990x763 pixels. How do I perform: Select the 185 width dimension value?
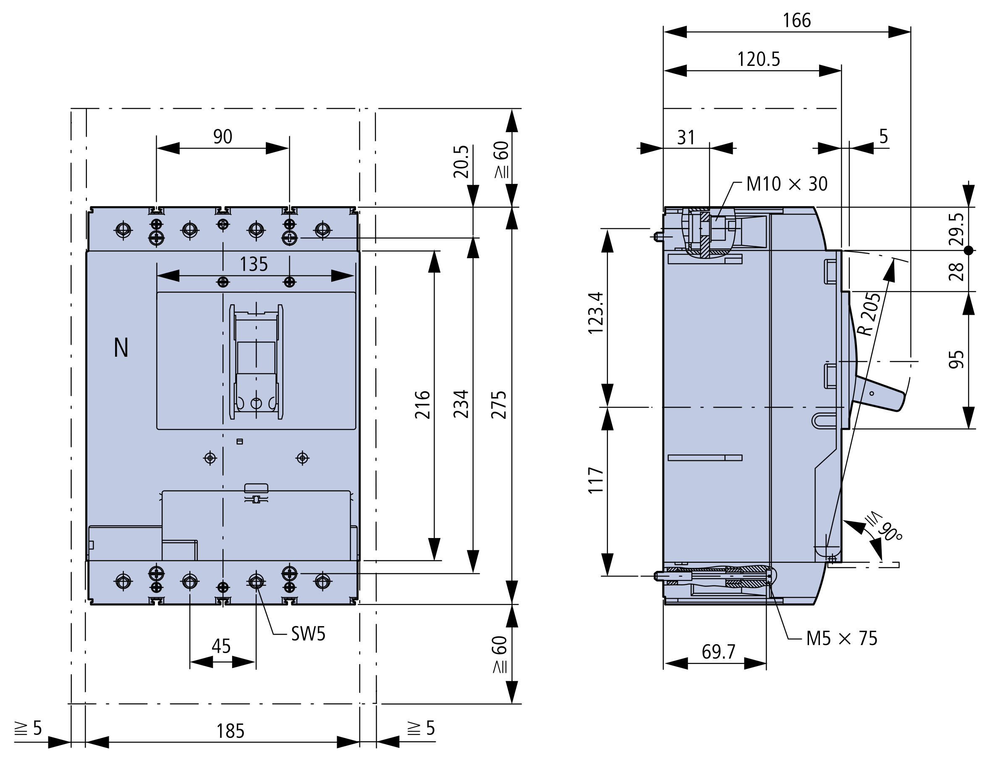click(x=230, y=731)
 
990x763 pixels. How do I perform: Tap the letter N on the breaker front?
click(x=121, y=348)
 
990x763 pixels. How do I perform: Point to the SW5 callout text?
click(x=308, y=634)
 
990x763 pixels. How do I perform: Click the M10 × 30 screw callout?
click(x=787, y=184)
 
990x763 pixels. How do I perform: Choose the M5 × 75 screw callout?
click(x=842, y=638)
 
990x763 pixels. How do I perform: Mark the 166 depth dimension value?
click(x=797, y=21)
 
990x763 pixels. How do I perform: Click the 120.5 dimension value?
click(x=759, y=59)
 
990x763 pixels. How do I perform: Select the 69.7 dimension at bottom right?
click(x=718, y=652)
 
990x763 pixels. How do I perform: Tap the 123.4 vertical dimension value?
click(x=596, y=313)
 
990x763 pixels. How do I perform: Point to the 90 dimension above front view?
click(x=223, y=137)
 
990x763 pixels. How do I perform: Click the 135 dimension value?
click(x=254, y=264)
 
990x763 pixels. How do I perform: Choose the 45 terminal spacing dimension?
click(x=221, y=646)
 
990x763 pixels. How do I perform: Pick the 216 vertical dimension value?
click(x=422, y=405)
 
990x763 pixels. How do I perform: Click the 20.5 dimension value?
click(x=461, y=162)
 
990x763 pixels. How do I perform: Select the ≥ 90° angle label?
click(x=884, y=529)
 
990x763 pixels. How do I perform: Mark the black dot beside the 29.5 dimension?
click(x=968, y=250)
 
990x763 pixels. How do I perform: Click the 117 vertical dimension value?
click(x=596, y=480)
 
